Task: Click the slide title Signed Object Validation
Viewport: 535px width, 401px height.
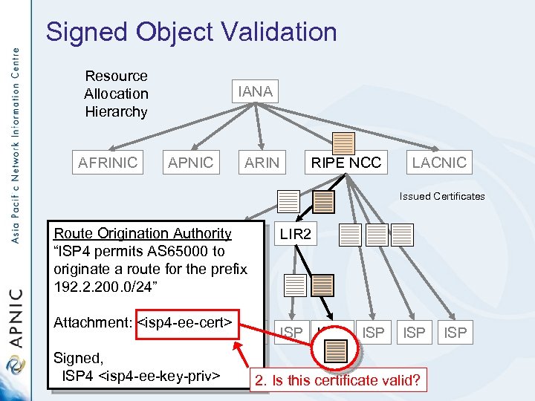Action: pyautogui.click(x=191, y=32)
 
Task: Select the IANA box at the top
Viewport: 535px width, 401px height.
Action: pyautogui.click(x=255, y=91)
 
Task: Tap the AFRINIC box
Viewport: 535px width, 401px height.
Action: pyautogui.click(x=108, y=163)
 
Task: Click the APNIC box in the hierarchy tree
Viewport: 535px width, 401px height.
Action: pyautogui.click(x=190, y=163)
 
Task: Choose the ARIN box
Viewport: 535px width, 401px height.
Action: pyautogui.click(x=262, y=163)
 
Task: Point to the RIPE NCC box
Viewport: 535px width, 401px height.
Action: pyautogui.click(x=346, y=163)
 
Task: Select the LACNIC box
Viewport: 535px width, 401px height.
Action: pyautogui.click(x=439, y=163)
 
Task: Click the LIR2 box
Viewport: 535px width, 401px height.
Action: pyautogui.click(x=295, y=235)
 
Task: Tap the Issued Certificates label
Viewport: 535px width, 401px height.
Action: pyautogui.click(x=441, y=197)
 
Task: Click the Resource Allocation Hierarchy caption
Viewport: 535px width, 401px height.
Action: pyautogui.click(x=116, y=94)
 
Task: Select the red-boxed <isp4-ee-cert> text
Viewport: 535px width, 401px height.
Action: pyautogui.click(x=187, y=322)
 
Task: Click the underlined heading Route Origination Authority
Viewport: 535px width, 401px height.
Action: pyautogui.click(x=143, y=233)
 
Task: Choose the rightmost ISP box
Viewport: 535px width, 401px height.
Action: pyautogui.click(x=455, y=333)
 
